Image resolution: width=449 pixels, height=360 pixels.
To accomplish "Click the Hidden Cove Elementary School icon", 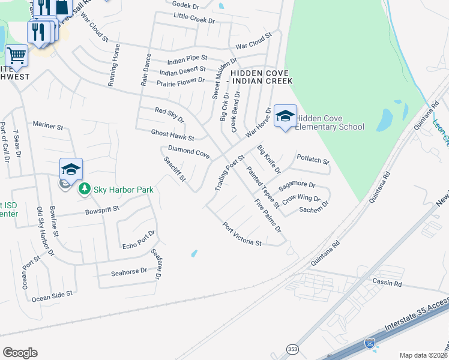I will click(x=285, y=116).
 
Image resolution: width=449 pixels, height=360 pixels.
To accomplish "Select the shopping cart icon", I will click(x=17, y=56).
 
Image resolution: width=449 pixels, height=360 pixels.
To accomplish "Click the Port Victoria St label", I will click(x=242, y=235).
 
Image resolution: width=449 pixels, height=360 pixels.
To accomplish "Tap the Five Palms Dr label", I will click(x=268, y=215).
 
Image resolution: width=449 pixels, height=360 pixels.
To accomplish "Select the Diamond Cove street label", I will click(x=188, y=152).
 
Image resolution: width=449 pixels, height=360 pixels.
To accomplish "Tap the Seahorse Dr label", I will click(x=129, y=272).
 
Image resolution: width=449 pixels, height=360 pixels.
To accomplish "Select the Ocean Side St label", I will click(x=52, y=296).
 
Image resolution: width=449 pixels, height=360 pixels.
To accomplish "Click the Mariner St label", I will click(x=48, y=126).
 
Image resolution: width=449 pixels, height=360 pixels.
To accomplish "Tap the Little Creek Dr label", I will click(x=194, y=20).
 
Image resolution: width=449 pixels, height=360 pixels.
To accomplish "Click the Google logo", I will click(x=20, y=352).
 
